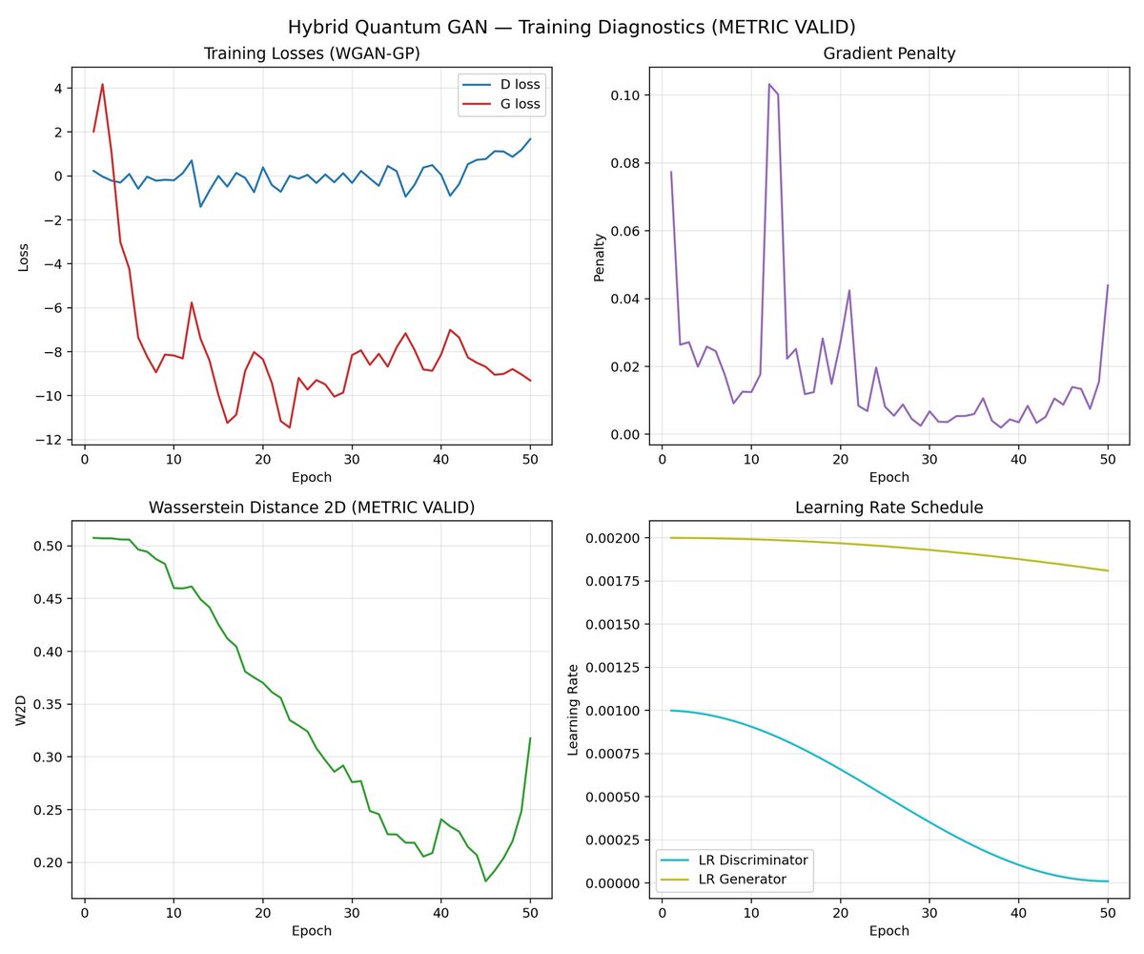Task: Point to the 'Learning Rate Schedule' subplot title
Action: tap(889, 508)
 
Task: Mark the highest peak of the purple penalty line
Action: tap(769, 84)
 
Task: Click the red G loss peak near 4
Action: tap(102, 84)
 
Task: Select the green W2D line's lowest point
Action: tap(485, 881)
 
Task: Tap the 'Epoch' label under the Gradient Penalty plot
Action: tap(889, 477)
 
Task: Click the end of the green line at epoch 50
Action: tap(530, 737)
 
